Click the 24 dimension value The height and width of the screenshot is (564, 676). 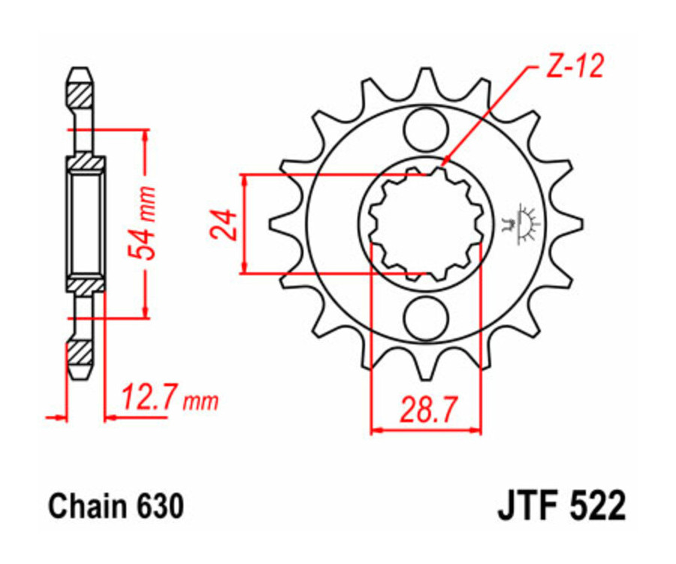[224, 223]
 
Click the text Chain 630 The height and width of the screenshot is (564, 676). [116, 507]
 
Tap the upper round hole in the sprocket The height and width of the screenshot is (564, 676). [425, 128]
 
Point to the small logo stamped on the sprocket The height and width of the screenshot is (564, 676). [520, 223]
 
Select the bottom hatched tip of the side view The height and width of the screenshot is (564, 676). [81, 352]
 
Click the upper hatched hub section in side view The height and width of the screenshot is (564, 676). [86, 163]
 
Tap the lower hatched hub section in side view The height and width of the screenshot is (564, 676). [86, 284]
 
